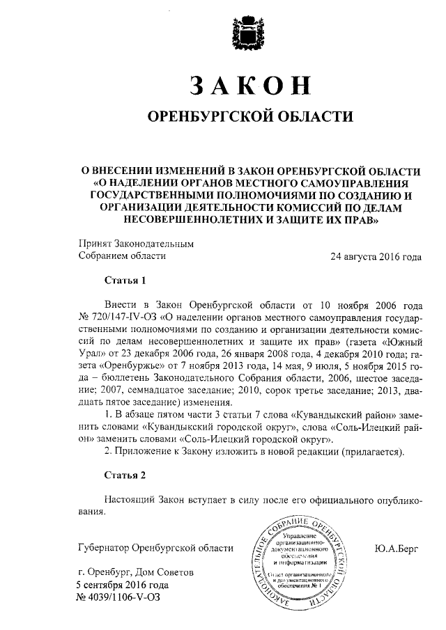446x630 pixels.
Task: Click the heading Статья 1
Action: [x=125, y=281]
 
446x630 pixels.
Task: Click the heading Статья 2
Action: [x=125, y=476]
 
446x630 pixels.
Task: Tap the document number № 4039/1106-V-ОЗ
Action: [x=125, y=597]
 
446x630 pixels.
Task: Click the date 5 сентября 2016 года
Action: [x=123, y=585]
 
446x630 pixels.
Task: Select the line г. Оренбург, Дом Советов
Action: [x=136, y=572]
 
